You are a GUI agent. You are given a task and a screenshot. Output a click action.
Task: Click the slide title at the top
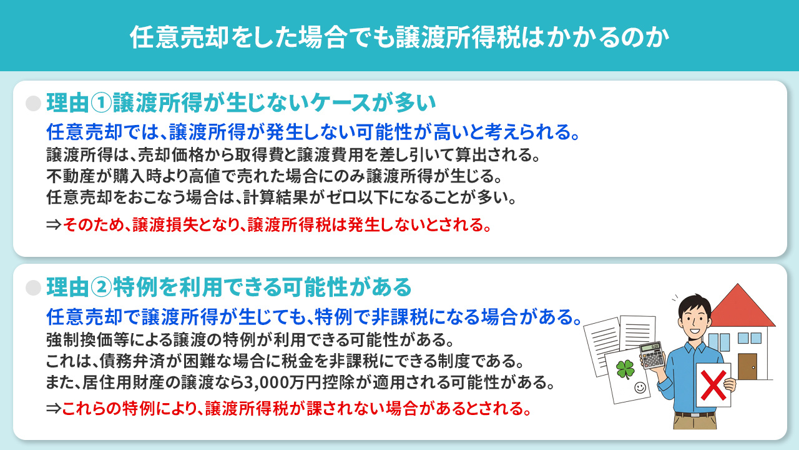coord(399,37)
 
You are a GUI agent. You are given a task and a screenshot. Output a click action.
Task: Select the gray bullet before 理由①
coord(32,103)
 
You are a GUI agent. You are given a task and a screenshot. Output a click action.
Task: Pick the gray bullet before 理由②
coord(32,287)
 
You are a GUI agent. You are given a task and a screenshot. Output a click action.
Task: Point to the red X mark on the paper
coord(713,384)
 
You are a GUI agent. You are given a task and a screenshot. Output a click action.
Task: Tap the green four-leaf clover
coord(625,369)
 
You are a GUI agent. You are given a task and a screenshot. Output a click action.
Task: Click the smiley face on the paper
coord(639,387)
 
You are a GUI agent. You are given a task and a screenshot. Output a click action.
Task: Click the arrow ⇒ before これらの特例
coord(54,409)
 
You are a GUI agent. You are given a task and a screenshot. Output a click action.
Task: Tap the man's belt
coord(694,414)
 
